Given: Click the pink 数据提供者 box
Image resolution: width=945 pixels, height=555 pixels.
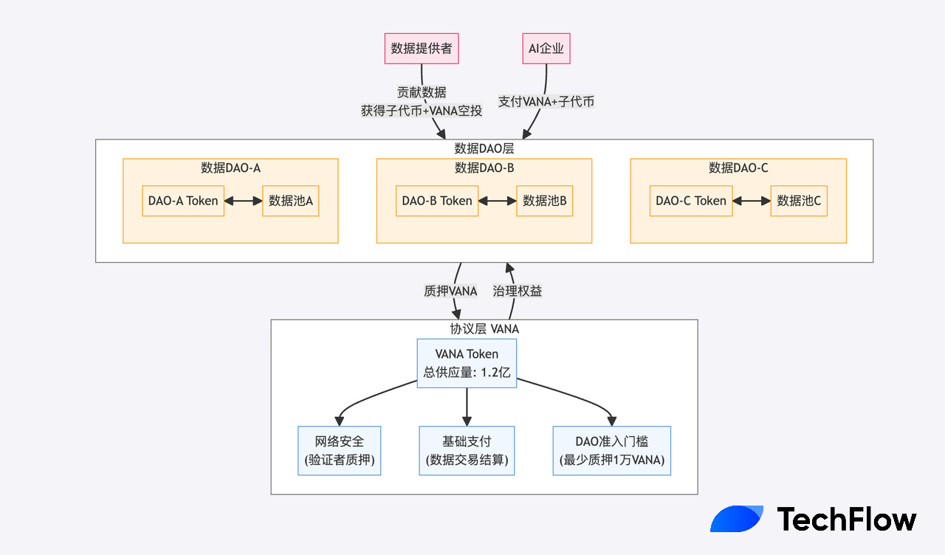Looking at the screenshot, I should tap(422, 49).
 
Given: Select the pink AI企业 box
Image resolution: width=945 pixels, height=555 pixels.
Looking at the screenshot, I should tap(546, 49).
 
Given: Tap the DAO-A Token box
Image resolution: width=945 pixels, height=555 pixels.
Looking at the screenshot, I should tap(183, 201).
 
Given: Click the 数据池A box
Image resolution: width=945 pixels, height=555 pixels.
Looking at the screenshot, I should tap(291, 201).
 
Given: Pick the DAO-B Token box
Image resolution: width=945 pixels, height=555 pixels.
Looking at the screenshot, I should tap(437, 201).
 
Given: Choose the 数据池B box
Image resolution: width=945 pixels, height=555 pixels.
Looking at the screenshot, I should tap(545, 201).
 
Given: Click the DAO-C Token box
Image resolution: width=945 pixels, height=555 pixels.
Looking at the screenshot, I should tap(691, 201).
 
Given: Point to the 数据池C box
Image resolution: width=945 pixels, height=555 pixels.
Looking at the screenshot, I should tap(799, 201).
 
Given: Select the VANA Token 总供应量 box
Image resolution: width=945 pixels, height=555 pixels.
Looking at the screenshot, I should tap(467, 363).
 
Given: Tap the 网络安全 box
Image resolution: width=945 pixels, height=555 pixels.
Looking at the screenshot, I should tap(340, 451).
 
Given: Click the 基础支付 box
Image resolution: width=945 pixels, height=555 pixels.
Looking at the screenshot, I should tap(467, 451).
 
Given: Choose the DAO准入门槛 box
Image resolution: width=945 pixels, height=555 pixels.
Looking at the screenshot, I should tap(612, 451).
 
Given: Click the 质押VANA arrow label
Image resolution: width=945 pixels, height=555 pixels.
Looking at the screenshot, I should tap(450, 291).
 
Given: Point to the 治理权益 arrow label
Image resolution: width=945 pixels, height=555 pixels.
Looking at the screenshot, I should tap(518, 291).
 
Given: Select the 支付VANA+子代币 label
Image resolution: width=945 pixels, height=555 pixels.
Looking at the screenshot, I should tap(546, 102).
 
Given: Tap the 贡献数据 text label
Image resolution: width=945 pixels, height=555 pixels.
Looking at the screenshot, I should tap(422, 92).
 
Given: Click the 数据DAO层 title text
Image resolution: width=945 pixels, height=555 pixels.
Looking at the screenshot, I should tap(484, 148).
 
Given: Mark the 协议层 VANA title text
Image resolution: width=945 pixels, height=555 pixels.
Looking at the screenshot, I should tap(484, 328).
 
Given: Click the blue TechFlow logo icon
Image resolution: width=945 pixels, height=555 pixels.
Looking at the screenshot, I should tap(736, 519).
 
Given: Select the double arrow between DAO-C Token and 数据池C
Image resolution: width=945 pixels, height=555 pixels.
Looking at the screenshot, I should tap(752, 201).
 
